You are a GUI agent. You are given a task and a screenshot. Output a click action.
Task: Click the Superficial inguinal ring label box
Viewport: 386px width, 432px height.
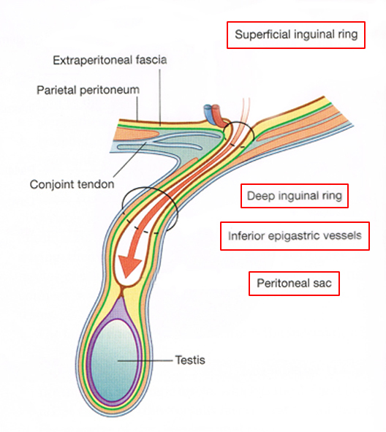(296, 35)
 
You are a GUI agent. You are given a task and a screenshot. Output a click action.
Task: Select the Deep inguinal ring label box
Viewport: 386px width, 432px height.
(295, 196)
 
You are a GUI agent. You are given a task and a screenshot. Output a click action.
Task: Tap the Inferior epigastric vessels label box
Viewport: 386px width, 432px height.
(295, 236)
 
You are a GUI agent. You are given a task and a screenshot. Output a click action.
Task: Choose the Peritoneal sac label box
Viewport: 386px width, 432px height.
(294, 284)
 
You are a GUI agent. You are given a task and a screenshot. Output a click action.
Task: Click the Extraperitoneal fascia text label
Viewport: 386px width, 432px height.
(110, 60)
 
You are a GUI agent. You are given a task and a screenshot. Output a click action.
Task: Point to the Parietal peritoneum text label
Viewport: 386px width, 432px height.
(88, 90)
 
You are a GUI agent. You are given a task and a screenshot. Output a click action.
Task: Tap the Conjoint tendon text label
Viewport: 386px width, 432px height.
(72, 184)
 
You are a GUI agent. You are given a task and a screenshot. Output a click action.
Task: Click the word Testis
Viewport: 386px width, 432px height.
(190, 360)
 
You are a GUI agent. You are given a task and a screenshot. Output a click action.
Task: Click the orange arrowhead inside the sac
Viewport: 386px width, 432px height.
(129, 265)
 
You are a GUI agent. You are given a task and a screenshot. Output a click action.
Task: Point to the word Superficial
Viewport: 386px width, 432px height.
(263, 34)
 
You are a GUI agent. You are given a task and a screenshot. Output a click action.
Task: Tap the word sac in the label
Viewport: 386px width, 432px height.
(322, 284)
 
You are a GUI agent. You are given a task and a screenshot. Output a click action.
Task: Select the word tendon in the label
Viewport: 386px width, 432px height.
(96, 184)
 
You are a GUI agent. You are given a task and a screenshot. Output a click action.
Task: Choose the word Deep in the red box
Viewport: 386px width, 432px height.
(261, 196)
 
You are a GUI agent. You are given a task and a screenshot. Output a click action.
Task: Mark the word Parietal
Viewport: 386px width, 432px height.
(56, 90)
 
